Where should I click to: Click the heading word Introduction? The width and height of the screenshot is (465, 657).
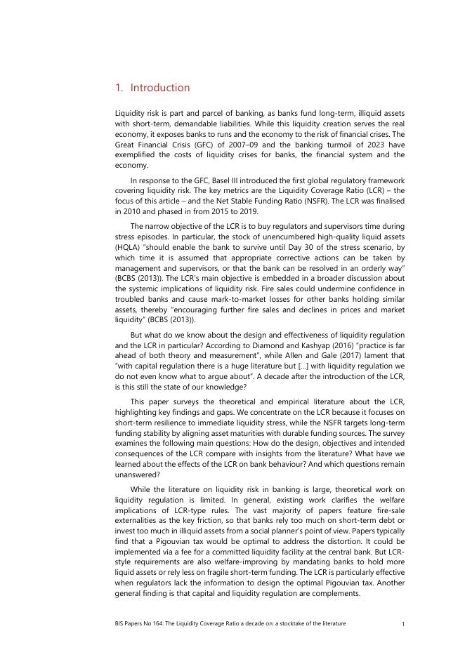click(x=160, y=88)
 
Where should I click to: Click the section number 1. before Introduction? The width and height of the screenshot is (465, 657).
click(x=119, y=88)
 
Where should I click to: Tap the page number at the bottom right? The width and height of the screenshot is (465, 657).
click(x=402, y=623)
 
